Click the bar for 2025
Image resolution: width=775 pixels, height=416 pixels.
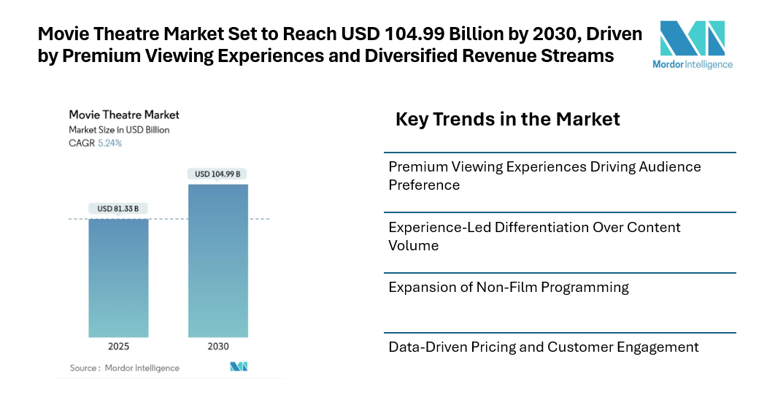coord(118,277)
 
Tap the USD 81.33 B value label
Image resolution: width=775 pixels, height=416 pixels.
coord(118,209)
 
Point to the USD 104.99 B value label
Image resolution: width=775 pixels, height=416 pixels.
coord(217,174)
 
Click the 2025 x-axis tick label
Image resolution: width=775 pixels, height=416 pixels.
coord(118,347)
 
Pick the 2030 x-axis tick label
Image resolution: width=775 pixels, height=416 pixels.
coord(217,347)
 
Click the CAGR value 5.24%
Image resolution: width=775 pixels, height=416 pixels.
coord(109,143)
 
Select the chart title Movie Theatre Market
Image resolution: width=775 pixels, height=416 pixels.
coord(124,115)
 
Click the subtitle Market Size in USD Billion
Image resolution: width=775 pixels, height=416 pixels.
coord(119,129)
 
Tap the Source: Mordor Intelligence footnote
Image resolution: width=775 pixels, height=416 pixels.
coord(124,368)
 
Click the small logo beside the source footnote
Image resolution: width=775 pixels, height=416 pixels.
coord(239,366)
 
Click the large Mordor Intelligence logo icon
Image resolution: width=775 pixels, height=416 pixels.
coord(692,38)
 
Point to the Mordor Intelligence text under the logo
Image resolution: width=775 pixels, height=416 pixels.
coord(693,64)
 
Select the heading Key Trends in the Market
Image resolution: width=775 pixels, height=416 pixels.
coord(507,119)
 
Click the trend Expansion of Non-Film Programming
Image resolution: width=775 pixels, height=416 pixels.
coord(508,287)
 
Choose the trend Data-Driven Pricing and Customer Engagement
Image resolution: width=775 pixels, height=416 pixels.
coord(543,347)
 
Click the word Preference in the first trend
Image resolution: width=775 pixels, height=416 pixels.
coord(424,185)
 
